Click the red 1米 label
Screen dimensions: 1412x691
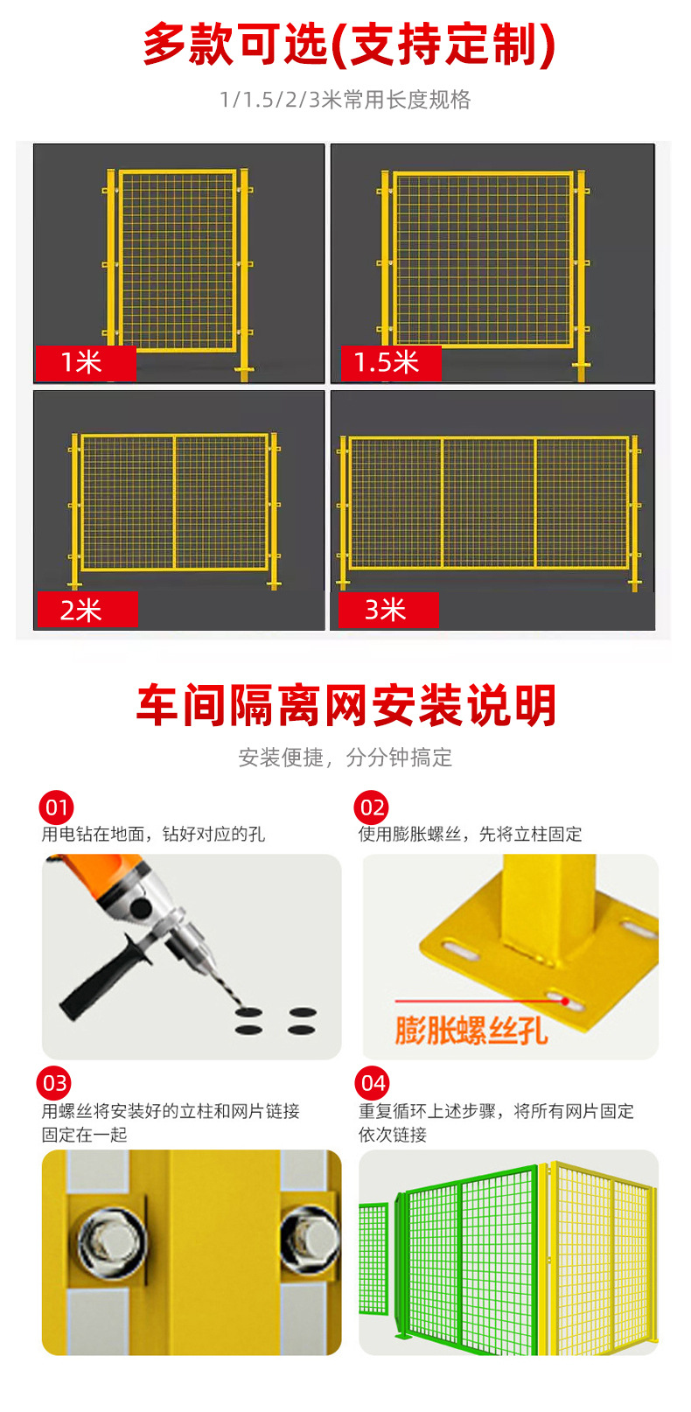(85, 362)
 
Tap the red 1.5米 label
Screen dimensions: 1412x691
(387, 362)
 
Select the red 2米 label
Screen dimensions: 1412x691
(86, 610)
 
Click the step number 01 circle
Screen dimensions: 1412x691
(56, 807)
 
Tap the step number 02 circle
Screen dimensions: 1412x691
(372, 807)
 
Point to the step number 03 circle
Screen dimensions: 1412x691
(55, 1083)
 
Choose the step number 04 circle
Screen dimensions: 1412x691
(373, 1083)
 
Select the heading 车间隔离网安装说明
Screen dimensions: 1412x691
(346, 705)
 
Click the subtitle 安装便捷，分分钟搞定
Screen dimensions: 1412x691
(345, 758)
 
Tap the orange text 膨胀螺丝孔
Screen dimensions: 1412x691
(471, 1030)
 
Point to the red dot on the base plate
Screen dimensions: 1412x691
(565, 1002)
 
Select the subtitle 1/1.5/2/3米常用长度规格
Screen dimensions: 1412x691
(345, 100)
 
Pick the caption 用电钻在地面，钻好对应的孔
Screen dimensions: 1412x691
(153, 834)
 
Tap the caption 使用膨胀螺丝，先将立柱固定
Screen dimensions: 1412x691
(470, 834)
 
